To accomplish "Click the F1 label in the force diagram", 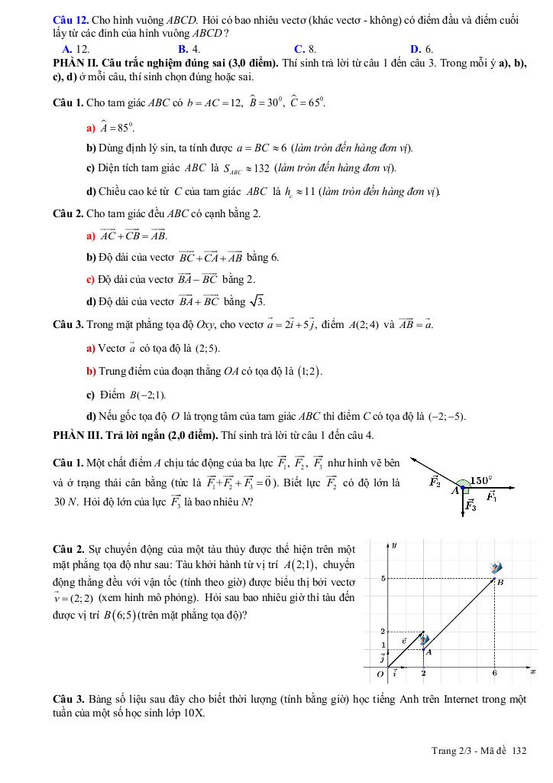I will (492, 498).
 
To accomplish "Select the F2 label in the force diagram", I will (435, 482).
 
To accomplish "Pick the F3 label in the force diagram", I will (471, 505).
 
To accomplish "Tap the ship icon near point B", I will (497, 567).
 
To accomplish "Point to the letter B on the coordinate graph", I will (500, 582).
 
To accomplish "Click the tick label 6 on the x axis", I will (494, 673).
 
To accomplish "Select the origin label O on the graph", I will (380, 674).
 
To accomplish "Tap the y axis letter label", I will (393, 545).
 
